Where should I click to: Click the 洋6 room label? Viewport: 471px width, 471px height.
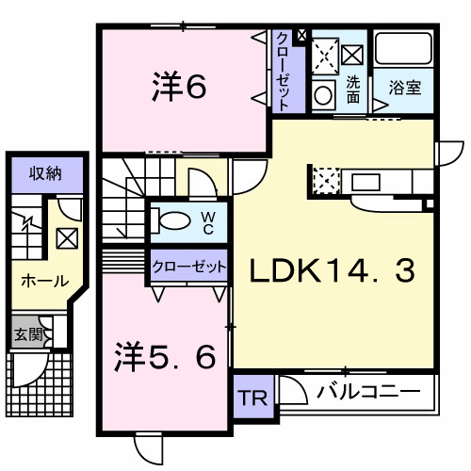[179, 87]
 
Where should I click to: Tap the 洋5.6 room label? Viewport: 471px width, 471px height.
[165, 357]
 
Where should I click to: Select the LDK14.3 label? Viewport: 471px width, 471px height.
[332, 271]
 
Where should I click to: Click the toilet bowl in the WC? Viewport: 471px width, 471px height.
[171, 220]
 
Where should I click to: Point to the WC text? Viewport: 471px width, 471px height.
[208, 222]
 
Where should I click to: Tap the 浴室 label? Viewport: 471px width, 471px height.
[405, 88]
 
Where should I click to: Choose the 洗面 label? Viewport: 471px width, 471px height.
[353, 90]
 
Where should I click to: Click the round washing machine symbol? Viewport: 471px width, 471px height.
[323, 95]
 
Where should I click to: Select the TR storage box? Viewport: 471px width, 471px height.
[253, 397]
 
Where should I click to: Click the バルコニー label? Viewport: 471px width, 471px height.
[368, 392]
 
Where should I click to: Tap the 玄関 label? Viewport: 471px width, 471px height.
[28, 334]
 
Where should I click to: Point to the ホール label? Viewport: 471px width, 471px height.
[45, 281]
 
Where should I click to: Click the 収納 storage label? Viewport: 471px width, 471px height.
[45, 173]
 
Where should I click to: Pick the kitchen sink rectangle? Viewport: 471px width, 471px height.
[366, 182]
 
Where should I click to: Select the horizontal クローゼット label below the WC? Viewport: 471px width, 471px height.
[189, 267]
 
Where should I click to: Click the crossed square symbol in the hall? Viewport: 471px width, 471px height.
[67, 238]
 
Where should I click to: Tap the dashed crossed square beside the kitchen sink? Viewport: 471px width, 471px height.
[327, 180]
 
